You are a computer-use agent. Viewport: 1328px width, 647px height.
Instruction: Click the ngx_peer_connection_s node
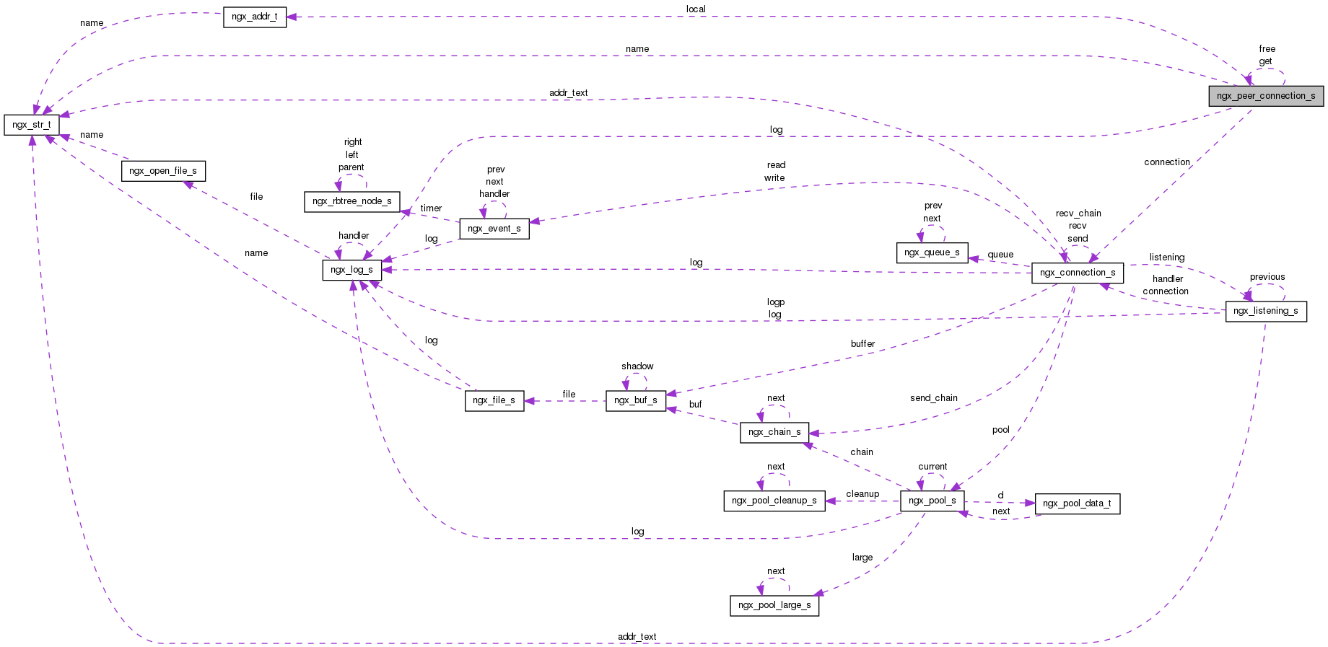coord(1266,96)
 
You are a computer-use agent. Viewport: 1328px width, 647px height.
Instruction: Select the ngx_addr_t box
coord(255,17)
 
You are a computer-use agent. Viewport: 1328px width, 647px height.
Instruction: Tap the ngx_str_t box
coord(32,125)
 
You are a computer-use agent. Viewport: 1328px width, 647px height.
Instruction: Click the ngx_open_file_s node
coord(163,171)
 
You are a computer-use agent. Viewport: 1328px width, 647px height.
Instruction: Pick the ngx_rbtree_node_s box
coord(352,201)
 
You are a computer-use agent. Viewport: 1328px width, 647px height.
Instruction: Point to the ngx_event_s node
coord(494,229)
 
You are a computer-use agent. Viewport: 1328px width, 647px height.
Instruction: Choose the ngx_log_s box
coord(351,270)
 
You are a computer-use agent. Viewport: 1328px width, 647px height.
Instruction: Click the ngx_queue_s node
coord(932,252)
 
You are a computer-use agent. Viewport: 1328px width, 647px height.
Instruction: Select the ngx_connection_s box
coord(1078,273)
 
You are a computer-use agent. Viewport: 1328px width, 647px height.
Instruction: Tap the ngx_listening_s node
coord(1266,311)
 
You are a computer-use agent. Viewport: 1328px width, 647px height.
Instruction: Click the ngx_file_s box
coord(494,400)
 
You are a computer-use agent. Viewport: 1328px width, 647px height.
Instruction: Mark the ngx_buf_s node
coord(636,400)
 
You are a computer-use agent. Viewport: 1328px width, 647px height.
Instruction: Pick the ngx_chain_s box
coord(774,432)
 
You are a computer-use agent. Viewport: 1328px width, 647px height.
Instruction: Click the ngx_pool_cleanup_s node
coord(774,501)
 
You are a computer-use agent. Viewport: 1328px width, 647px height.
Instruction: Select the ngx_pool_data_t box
coord(1078,503)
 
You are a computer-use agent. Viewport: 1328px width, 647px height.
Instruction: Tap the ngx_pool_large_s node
coord(774,605)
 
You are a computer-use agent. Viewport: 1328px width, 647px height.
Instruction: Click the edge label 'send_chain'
coord(934,398)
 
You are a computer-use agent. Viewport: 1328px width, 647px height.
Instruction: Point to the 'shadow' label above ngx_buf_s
coord(637,366)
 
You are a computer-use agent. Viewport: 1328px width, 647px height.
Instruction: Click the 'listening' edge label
coord(1167,258)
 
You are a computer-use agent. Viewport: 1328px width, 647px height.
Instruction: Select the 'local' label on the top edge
coord(696,9)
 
